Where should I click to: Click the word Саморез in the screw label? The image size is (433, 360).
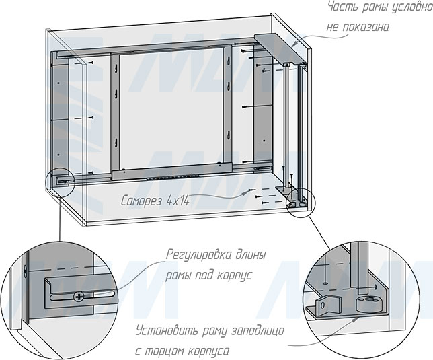pos(141,201)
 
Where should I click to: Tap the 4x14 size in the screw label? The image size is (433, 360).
pos(178,201)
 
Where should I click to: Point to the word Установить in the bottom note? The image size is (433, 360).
pos(167,330)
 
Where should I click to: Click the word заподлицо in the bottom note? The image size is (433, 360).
pos(258,331)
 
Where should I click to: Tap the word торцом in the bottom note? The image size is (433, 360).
pos(165,351)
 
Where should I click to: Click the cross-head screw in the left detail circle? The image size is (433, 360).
pos(78,297)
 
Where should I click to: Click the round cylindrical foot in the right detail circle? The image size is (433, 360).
pos(366,303)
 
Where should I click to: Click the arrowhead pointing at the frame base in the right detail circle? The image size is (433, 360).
pos(356,319)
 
